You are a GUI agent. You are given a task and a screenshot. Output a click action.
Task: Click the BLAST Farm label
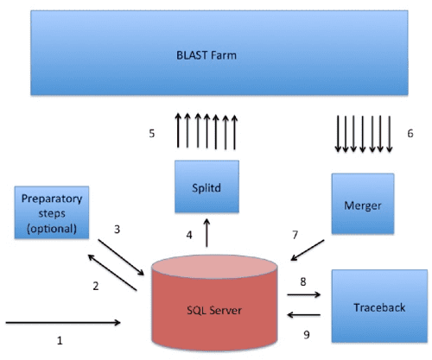click(214, 56)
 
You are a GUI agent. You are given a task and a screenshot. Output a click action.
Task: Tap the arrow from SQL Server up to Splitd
click(206, 234)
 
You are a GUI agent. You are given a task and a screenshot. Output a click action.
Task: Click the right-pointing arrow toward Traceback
click(304, 294)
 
